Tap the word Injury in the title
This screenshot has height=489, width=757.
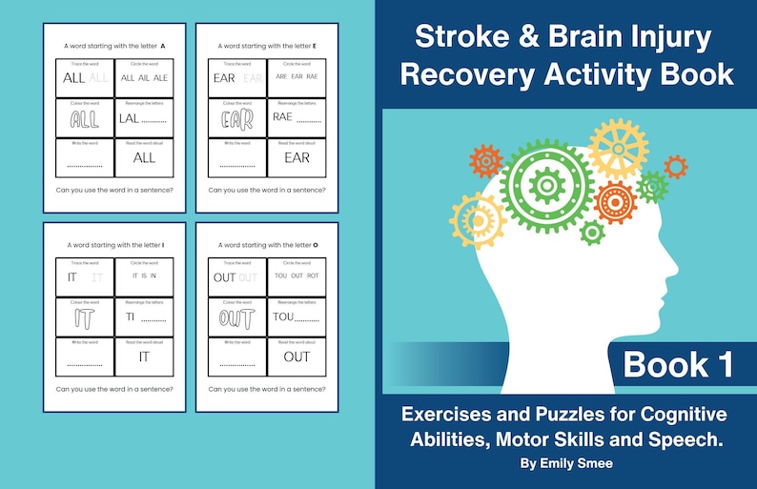[668, 38]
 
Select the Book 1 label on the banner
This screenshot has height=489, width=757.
[680, 364]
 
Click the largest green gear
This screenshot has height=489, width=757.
[546, 184]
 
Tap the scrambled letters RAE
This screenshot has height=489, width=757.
[282, 118]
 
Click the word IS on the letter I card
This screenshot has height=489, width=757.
[143, 277]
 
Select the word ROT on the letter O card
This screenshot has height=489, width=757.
[313, 276]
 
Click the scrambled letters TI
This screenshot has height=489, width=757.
[127, 317]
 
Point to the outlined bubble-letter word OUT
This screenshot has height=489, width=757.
[236, 317]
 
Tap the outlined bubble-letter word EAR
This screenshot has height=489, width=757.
[236, 118]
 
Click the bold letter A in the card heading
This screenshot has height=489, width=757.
[163, 46]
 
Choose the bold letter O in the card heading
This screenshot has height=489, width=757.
[317, 245]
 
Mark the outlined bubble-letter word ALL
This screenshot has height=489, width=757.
[84, 118]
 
